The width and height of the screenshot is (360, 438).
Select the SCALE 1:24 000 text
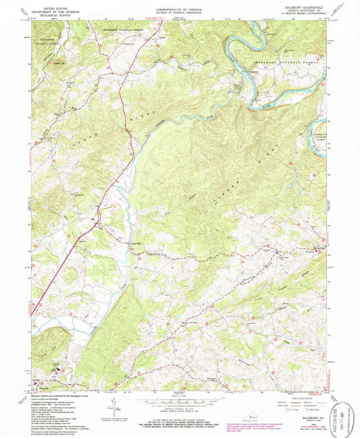pyautogui.click(x=179, y=395)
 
